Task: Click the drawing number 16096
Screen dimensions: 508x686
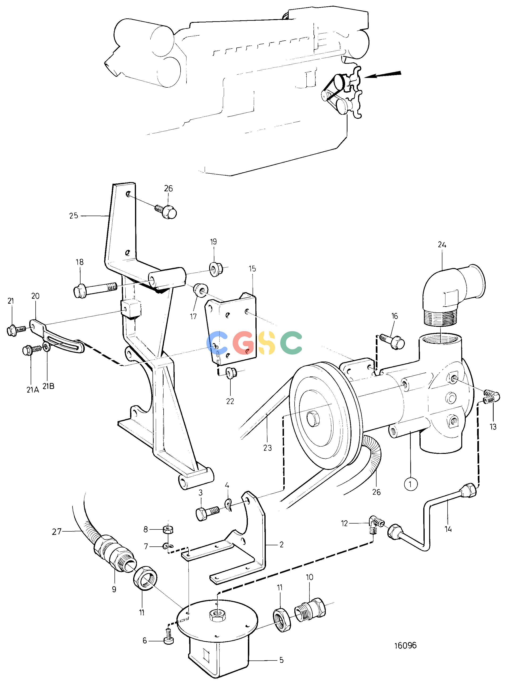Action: pyautogui.click(x=405, y=645)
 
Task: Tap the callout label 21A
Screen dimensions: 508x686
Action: pyautogui.click(x=32, y=390)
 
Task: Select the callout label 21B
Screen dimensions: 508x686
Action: pyautogui.click(x=48, y=386)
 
